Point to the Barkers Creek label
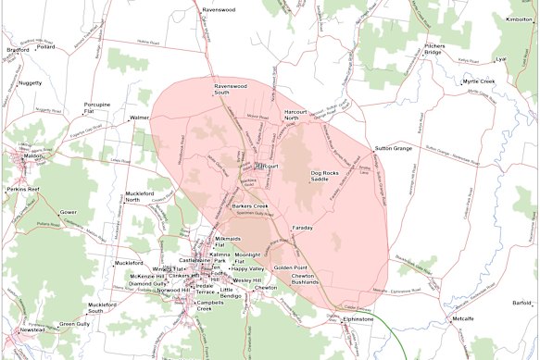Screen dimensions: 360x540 [x=250, y=205]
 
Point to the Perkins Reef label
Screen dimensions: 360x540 [x=26, y=190]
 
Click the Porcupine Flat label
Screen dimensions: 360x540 [x=97, y=109]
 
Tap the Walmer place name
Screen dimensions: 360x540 [x=140, y=118]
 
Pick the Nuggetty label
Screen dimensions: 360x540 [x=30, y=83]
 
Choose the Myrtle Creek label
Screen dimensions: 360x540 [x=478, y=81]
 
